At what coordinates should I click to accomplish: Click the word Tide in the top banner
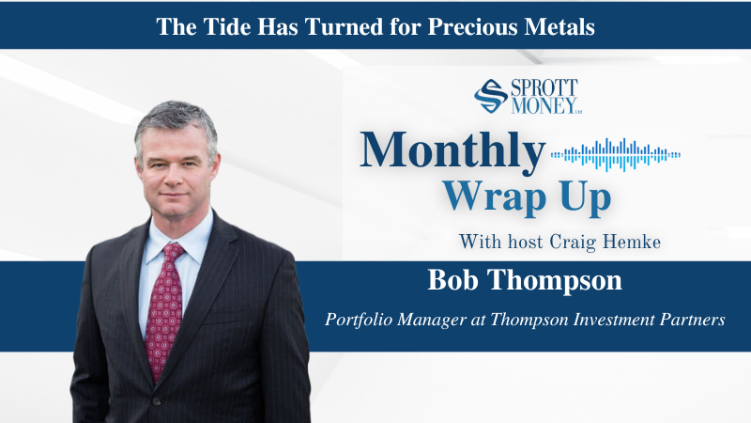pos(227,27)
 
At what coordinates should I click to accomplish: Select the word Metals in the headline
pos(559,27)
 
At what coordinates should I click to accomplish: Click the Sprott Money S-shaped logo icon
pos(490,97)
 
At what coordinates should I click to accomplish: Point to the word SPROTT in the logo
pos(544,87)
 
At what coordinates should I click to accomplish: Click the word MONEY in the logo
pos(544,105)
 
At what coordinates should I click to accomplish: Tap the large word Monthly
pos(452,150)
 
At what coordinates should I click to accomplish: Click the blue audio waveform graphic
pos(616,154)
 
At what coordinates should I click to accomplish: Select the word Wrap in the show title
pos(494,196)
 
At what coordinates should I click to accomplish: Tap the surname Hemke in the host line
pos(632,242)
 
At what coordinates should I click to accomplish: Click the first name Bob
pos(452,280)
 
